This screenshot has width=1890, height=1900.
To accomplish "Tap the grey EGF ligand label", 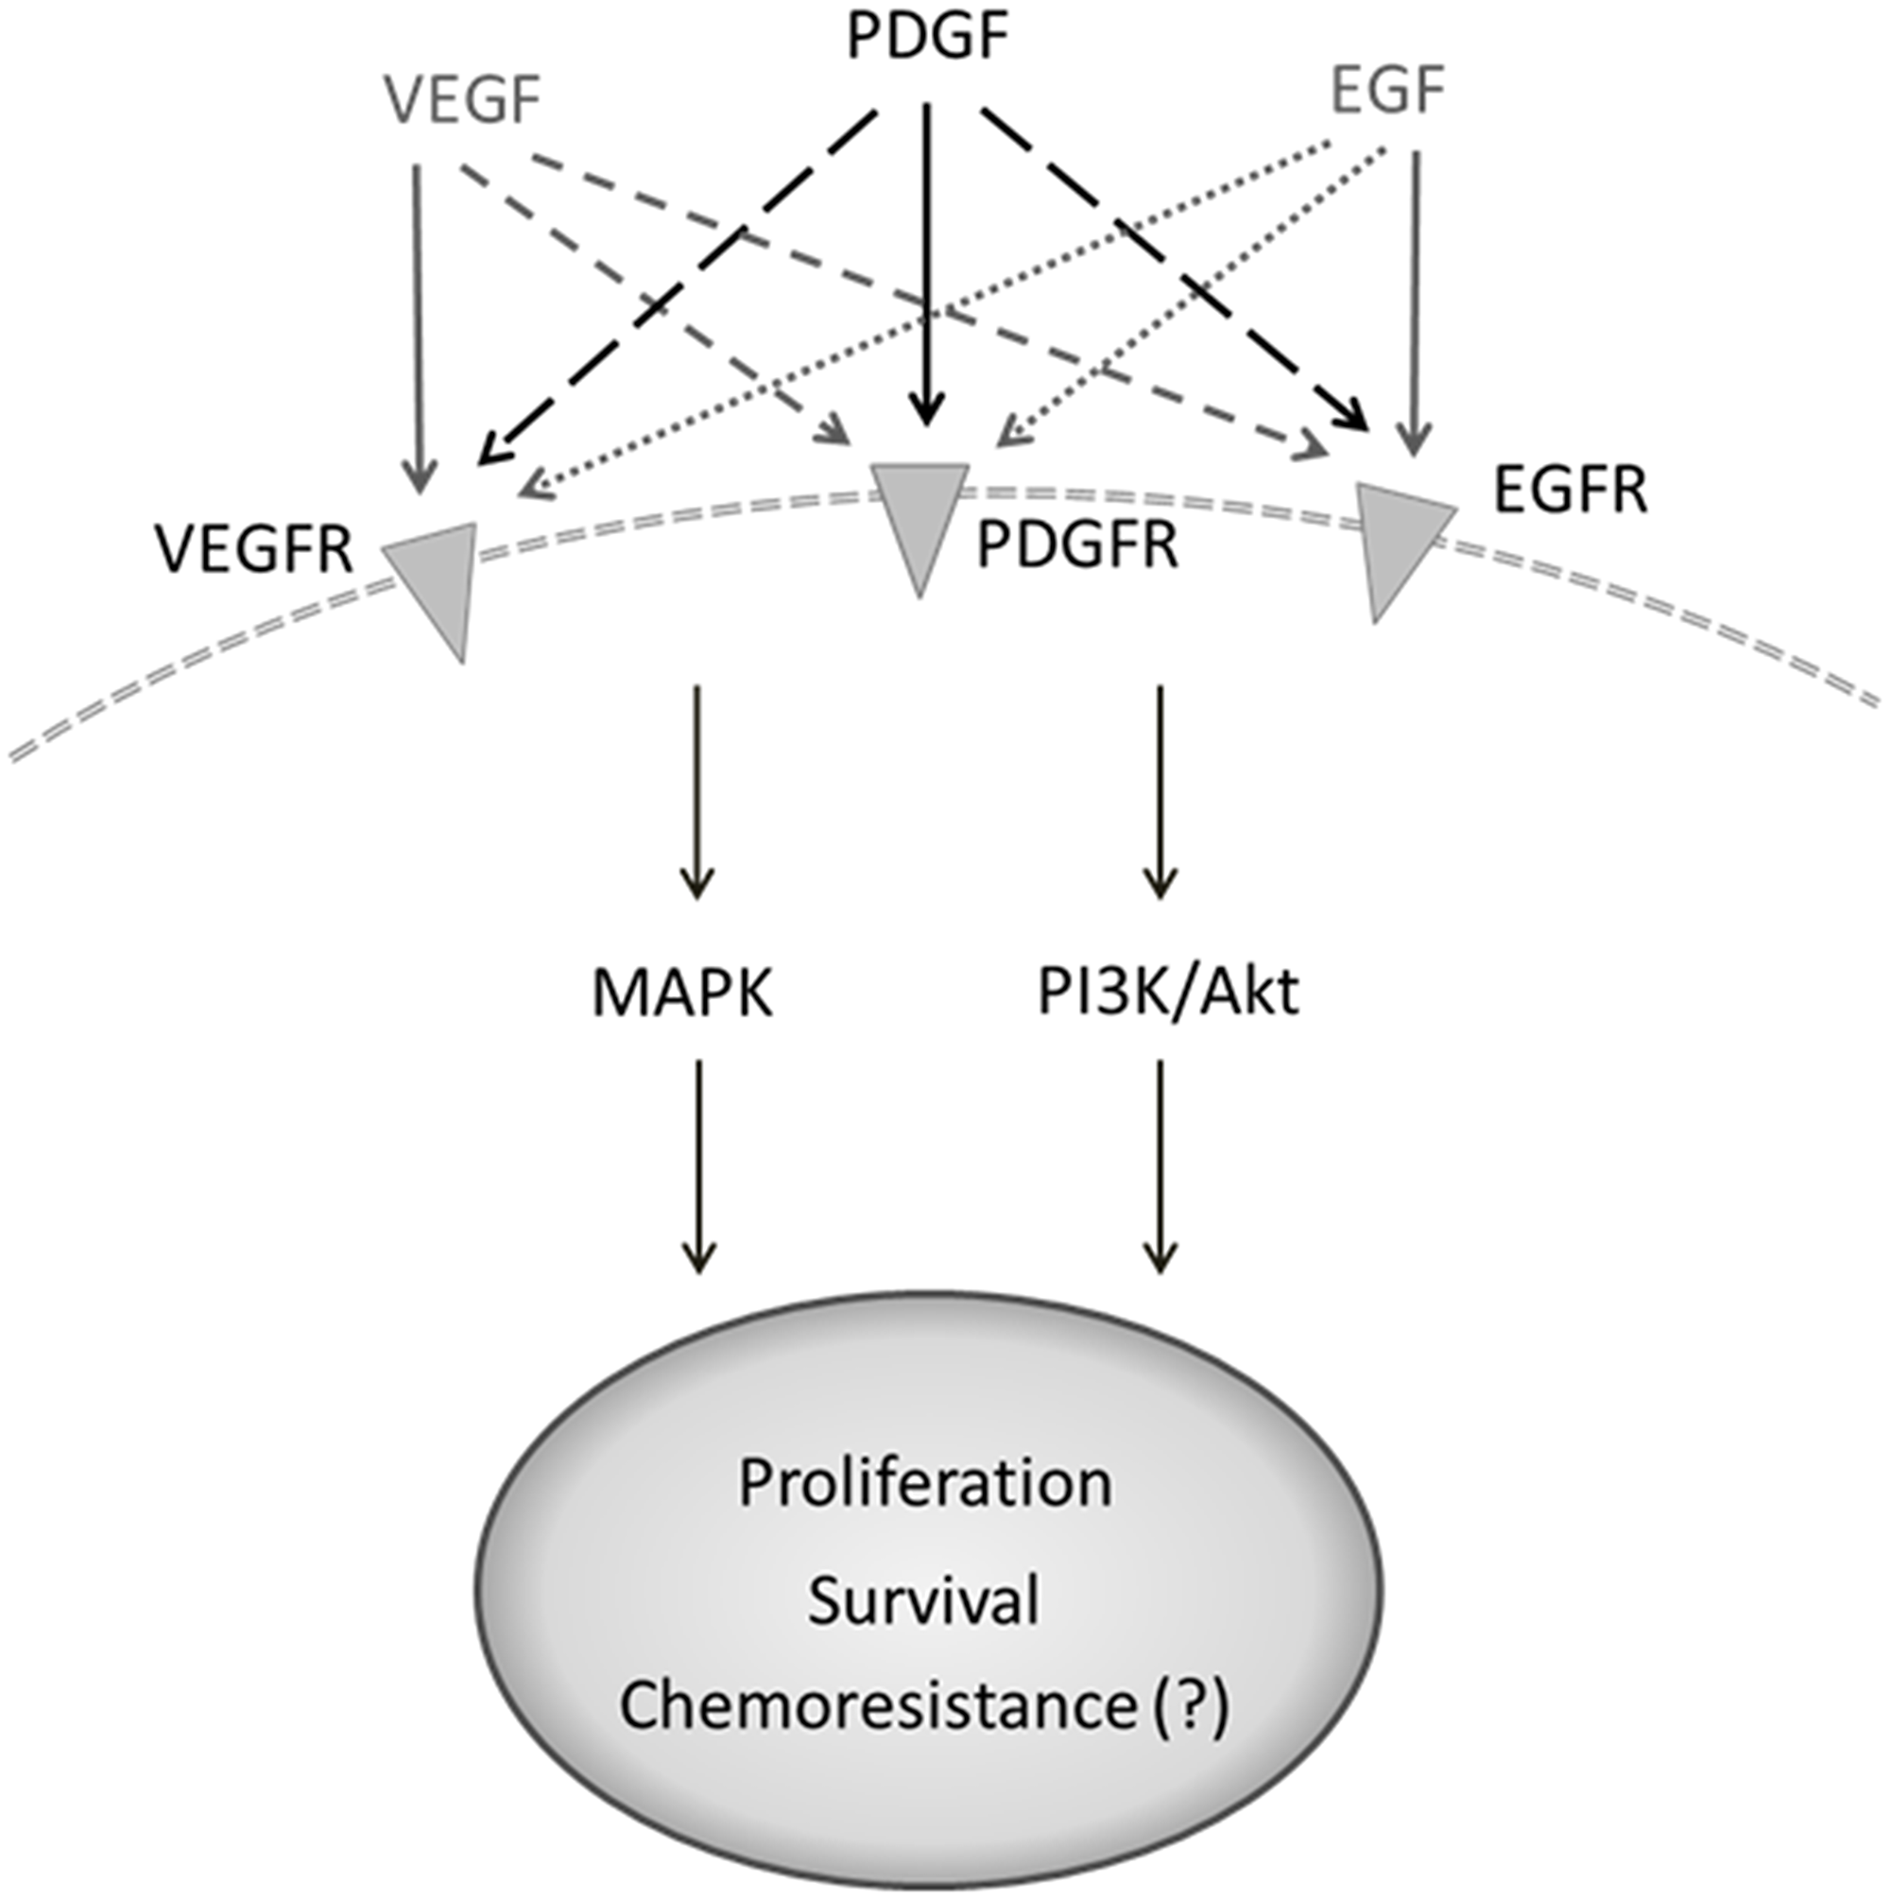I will pos(1386,93).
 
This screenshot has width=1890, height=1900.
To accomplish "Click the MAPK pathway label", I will pos(682,993).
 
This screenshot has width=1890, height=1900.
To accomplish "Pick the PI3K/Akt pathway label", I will pos(1168,993).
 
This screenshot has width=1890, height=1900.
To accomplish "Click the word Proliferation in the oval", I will pos(924,1483).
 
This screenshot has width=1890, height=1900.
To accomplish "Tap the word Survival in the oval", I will pos(924,1601).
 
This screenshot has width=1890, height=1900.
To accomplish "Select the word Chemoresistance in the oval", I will pos(877,1707).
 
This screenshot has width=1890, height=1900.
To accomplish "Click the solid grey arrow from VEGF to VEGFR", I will pos(418,324).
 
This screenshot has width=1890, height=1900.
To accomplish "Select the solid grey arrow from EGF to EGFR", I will pos(1415,295).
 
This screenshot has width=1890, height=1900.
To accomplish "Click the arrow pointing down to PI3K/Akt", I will pos(1160,786).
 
